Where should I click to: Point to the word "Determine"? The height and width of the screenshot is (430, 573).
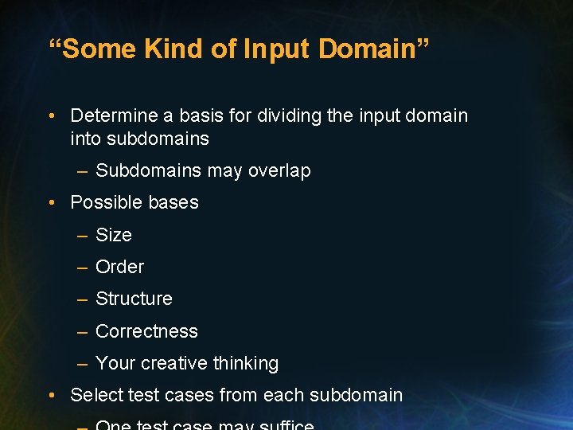(x=114, y=115)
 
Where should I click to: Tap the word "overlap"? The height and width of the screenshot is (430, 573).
(x=279, y=170)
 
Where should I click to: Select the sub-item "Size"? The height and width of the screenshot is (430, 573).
(x=113, y=235)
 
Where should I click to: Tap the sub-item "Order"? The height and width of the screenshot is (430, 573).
(x=119, y=267)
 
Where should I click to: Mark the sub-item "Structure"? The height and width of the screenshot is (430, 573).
(x=134, y=299)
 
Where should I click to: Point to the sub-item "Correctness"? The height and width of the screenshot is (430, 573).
(x=146, y=331)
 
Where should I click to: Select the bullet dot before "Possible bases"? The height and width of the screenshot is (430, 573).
(x=51, y=203)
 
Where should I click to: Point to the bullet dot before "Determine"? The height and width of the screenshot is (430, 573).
(x=51, y=116)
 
